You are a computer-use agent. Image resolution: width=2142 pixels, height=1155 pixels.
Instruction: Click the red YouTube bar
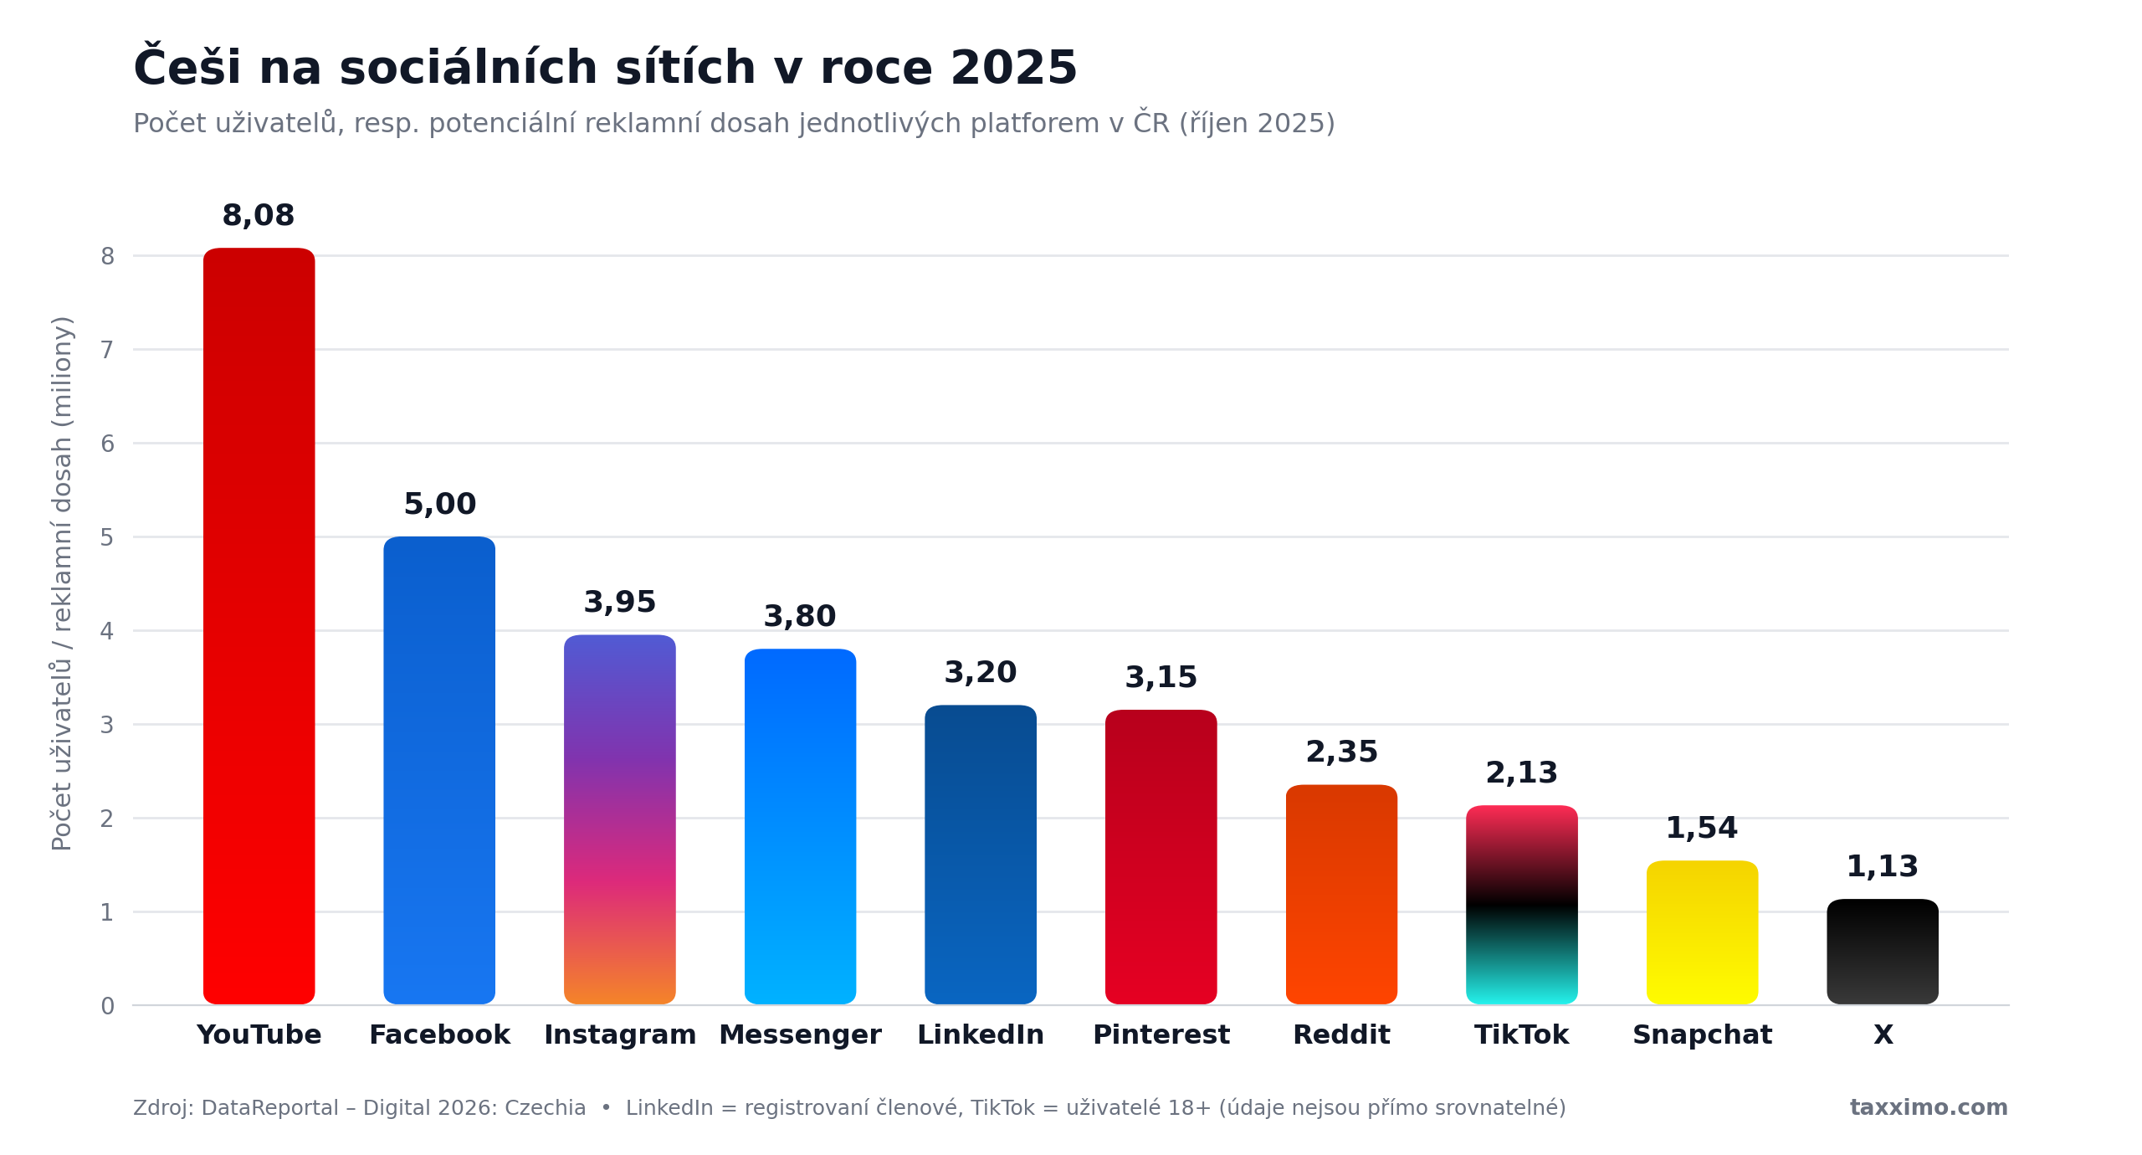click(x=259, y=626)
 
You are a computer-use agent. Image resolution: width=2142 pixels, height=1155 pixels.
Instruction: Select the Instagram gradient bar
click(x=619, y=819)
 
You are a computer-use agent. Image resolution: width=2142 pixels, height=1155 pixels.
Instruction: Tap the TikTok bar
click(x=1521, y=905)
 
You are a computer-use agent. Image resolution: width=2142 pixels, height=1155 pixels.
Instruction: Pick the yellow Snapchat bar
click(x=1702, y=932)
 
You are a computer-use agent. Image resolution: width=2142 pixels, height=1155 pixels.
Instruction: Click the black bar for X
click(x=1883, y=952)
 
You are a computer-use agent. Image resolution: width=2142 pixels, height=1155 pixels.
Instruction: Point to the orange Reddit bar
click(x=1341, y=895)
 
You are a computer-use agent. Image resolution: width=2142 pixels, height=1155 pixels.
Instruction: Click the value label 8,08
click(x=259, y=216)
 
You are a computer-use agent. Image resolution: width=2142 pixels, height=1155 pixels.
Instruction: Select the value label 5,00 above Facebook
click(x=440, y=505)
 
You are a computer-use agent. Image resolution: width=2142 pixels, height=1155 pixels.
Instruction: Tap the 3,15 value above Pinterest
click(x=1161, y=678)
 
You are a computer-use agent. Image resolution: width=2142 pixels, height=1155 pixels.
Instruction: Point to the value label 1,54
click(x=1702, y=829)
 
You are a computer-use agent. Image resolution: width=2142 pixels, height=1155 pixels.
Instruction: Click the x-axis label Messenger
click(x=800, y=1035)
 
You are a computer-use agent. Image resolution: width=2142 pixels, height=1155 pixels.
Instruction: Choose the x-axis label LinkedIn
click(x=981, y=1035)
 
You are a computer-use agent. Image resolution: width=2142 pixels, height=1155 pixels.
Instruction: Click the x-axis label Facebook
click(x=440, y=1035)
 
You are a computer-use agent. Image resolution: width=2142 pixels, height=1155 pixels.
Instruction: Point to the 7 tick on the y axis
click(x=107, y=350)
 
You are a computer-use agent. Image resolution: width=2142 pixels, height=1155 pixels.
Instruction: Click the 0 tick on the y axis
click(x=107, y=1006)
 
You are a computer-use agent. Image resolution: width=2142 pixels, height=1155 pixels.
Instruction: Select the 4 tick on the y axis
click(x=107, y=631)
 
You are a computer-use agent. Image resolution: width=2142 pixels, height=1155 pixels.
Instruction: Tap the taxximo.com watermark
click(x=1929, y=1108)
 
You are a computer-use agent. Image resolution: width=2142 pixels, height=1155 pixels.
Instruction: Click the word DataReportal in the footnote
click(x=270, y=1108)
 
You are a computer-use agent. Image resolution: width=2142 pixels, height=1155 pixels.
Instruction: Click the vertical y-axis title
click(x=62, y=583)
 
